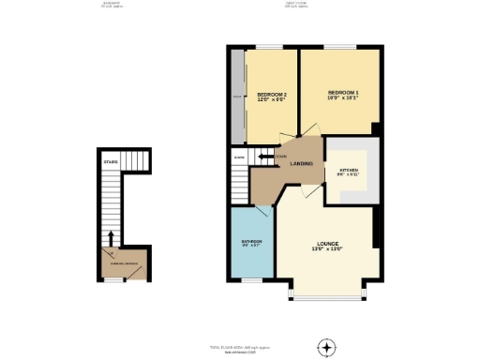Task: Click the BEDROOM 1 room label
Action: [343, 91]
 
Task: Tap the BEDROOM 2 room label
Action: [271, 95]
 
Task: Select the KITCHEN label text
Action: [349, 168]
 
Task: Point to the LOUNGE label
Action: [327, 242]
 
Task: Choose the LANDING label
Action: [301, 163]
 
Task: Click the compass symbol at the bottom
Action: [326, 347]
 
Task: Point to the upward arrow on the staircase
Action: [112, 238]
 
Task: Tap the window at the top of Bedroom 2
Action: [269, 47]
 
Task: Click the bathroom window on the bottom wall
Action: [250, 280]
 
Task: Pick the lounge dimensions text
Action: [327, 248]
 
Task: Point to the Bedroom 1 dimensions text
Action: [343, 97]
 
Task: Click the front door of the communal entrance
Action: [113, 278]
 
